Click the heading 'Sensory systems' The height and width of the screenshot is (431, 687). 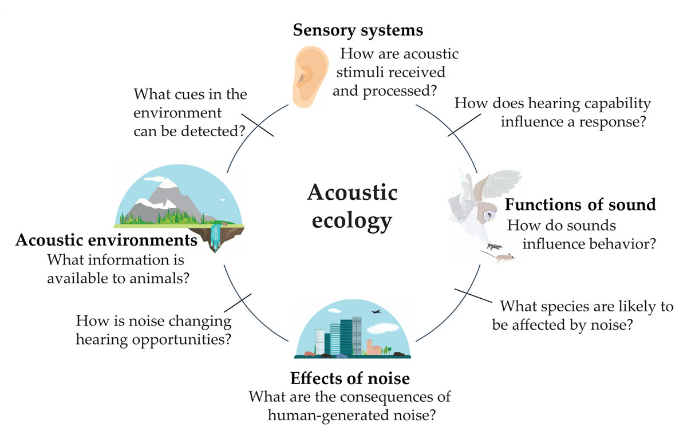[358, 30]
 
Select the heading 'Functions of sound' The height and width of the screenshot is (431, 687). [580, 204]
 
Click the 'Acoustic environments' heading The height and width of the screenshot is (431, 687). [106, 240]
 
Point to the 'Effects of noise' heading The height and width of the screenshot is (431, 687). [350, 378]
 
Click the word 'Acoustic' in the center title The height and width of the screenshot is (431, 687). [352, 192]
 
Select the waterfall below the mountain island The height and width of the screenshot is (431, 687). [215, 236]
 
